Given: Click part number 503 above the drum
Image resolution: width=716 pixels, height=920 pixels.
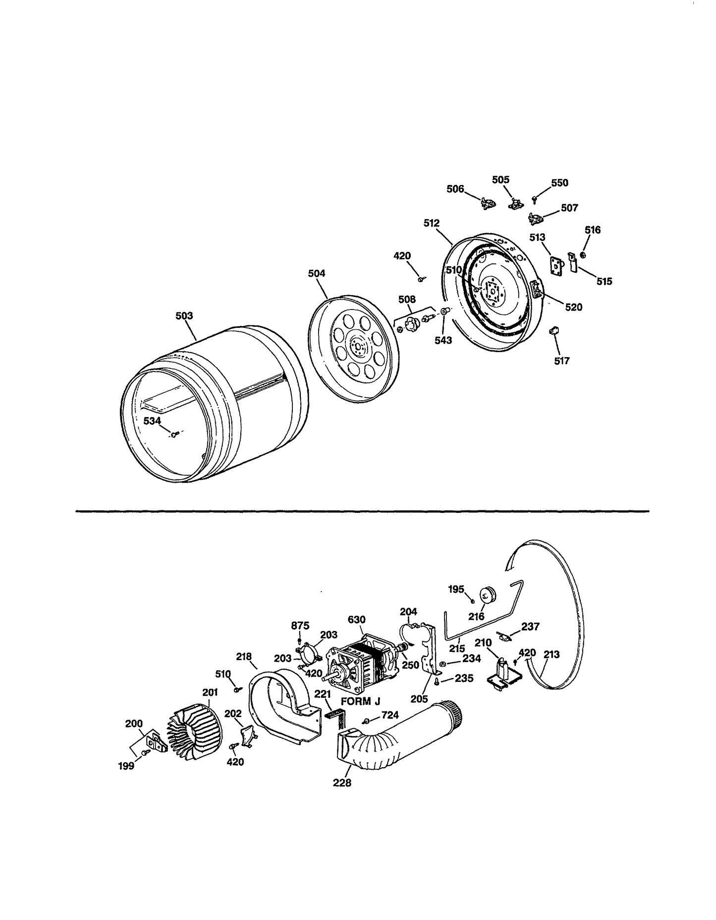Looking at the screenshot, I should coord(184,316).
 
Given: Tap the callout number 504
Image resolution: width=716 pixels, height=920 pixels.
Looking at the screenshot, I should coord(317,273).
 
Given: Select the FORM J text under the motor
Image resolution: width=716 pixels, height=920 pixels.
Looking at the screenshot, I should coord(360,701).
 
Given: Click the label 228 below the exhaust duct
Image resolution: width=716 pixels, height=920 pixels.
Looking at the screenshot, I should coord(342,783).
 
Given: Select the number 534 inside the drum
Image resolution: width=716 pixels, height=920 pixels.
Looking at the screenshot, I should coord(152,421).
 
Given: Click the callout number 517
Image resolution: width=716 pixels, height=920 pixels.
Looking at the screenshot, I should coord(561,361).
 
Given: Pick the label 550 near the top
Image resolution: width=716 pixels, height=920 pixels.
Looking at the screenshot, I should coord(559,183).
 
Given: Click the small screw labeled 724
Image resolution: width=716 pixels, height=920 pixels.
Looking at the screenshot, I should coord(366,721).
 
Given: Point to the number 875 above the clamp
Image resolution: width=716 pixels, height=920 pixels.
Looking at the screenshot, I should coord(300,625).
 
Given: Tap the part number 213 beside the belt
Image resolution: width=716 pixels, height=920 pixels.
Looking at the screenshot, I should coord(551,655).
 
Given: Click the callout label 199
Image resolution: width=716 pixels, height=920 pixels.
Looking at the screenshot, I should coord(126,766).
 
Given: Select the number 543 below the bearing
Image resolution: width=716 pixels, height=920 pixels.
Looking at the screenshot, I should coord(443,341).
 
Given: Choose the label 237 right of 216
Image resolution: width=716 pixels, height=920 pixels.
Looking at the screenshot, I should coord(530,626).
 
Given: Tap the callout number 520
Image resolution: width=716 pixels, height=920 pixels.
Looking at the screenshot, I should coord(574,307).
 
